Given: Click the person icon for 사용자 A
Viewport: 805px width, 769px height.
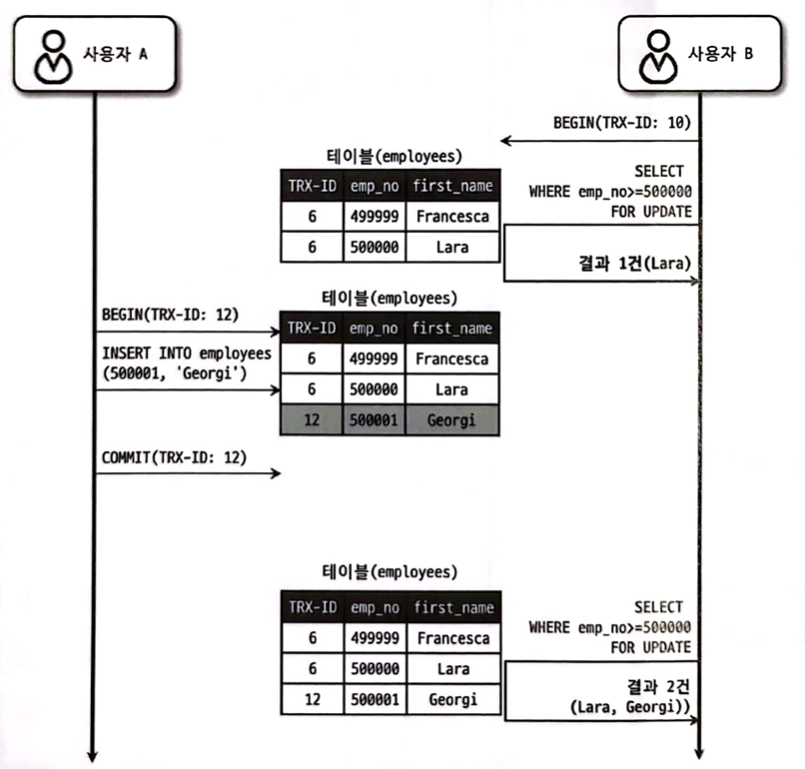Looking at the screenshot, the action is tap(53, 57).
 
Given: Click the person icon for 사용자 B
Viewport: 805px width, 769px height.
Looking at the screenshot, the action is tap(657, 57).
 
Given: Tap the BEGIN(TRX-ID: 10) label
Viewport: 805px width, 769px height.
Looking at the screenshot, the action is tap(621, 123).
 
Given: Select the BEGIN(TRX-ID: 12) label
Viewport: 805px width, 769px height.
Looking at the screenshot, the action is tap(170, 315).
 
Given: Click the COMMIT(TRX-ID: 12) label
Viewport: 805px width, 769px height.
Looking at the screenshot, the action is tap(174, 456).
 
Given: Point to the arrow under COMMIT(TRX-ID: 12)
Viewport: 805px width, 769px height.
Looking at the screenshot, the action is tap(189, 472).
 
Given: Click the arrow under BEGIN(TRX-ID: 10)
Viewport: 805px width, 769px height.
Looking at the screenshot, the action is tap(600, 140).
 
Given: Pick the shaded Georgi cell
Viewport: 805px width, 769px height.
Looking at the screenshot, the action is tap(451, 419).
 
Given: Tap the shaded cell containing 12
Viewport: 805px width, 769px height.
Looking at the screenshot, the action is tap(312, 419).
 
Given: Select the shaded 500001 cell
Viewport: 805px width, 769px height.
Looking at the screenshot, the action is tap(374, 419).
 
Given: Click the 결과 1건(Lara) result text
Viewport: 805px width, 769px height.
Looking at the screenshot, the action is tap(634, 264).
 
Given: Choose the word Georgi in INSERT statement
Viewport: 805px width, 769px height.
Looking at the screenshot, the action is tap(207, 374).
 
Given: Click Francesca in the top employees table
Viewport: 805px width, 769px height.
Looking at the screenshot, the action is tap(452, 216).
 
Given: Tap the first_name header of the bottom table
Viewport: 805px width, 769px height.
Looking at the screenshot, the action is tap(453, 607).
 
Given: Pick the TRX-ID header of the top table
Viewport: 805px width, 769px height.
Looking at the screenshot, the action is tap(313, 186).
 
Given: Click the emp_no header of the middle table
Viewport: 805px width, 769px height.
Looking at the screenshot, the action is tap(374, 328).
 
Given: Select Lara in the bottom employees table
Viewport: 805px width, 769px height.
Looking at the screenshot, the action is tap(453, 668).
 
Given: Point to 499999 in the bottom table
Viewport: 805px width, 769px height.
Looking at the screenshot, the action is tap(375, 638).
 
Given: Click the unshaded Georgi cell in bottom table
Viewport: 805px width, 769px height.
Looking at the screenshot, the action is tap(453, 699).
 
